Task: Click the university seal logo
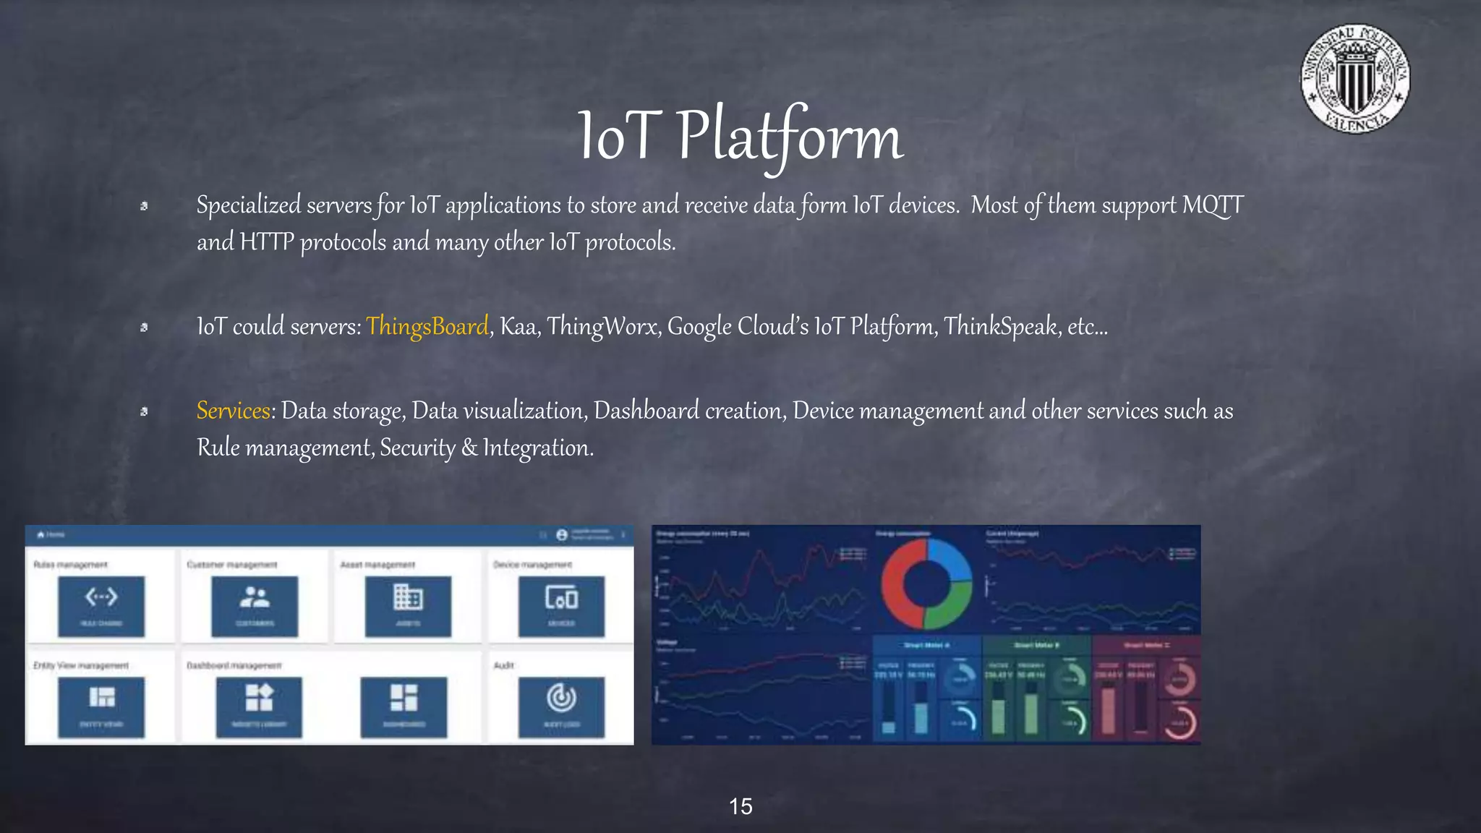[x=1354, y=79]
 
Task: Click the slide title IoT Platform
[x=740, y=137]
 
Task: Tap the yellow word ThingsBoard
[x=427, y=327]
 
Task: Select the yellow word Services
[x=233, y=411]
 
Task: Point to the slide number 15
[x=740, y=806]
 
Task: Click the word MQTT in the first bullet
[x=1213, y=205]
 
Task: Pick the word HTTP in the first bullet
[x=266, y=242]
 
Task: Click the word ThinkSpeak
[x=1001, y=327]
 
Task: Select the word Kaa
[x=518, y=327]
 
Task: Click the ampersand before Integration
[x=469, y=448]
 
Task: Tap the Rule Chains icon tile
[x=101, y=606]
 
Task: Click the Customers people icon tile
[x=255, y=606]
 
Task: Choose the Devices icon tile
[x=561, y=606]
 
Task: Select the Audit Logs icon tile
[x=561, y=707]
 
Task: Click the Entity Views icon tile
[x=101, y=707]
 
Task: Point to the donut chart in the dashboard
[x=926, y=584]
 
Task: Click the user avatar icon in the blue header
[x=562, y=535]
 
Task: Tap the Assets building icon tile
[x=408, y=606]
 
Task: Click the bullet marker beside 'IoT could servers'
[x=144, y=328]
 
